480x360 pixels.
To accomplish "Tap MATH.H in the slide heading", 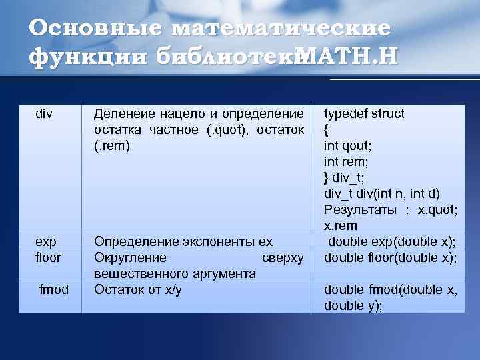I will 346,57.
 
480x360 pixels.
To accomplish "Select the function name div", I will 44,113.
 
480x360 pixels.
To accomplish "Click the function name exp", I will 46,241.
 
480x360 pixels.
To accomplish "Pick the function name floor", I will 48,257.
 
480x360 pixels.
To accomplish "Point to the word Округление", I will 130,257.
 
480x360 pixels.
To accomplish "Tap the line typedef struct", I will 364,113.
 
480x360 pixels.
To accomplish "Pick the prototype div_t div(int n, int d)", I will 382,193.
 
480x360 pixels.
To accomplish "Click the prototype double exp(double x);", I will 391,241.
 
